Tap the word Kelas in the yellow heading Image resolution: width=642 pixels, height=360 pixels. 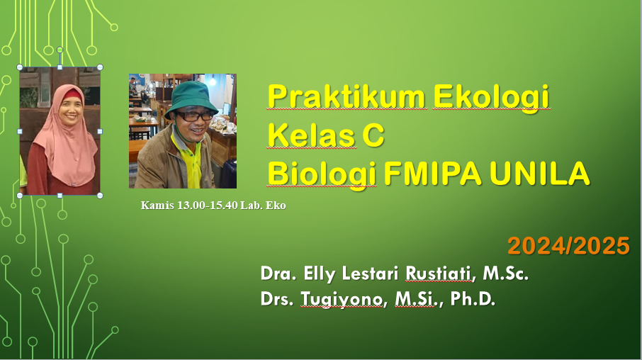311,135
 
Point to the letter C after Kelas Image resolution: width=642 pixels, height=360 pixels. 373,135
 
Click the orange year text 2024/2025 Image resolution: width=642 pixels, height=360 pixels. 568,246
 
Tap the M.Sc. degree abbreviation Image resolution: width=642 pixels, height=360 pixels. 506,274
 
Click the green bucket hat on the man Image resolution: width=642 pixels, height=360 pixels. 191,96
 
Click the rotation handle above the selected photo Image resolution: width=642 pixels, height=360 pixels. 60,50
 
